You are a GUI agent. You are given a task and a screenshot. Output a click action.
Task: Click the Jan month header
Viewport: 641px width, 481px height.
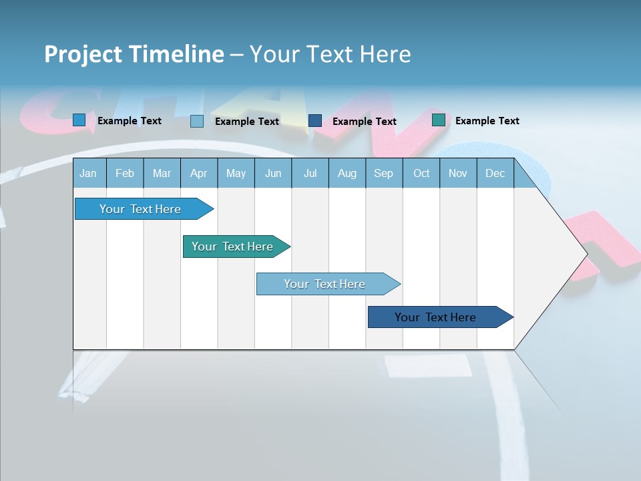point(88,174)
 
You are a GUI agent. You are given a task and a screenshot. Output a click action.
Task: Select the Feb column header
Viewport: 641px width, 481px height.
point(125,174)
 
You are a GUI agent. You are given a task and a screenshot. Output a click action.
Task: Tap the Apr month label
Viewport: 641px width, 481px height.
point(198,174)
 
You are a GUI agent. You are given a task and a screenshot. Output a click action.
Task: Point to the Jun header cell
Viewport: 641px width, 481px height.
point(273,174)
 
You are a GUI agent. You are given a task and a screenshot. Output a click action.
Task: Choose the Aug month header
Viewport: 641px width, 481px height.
point(347,174)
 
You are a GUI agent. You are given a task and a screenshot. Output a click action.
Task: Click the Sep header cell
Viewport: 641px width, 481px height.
point(383,174)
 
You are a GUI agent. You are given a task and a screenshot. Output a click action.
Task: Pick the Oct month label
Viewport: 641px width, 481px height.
point(421,174)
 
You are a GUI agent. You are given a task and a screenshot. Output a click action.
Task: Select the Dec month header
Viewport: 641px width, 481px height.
point(495,174)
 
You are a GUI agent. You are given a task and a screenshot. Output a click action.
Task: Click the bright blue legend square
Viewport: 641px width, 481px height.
point(79,120)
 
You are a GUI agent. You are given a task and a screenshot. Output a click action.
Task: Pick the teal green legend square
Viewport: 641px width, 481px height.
point(439,120)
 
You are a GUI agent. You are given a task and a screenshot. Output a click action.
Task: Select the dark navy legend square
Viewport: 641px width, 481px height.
point(315,121)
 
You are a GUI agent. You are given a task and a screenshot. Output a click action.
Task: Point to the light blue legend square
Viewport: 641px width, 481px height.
point(197,121)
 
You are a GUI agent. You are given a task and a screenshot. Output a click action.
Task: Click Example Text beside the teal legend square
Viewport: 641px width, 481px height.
point(487,121)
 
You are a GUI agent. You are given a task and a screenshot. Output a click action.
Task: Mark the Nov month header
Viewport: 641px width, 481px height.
point(458,174)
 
